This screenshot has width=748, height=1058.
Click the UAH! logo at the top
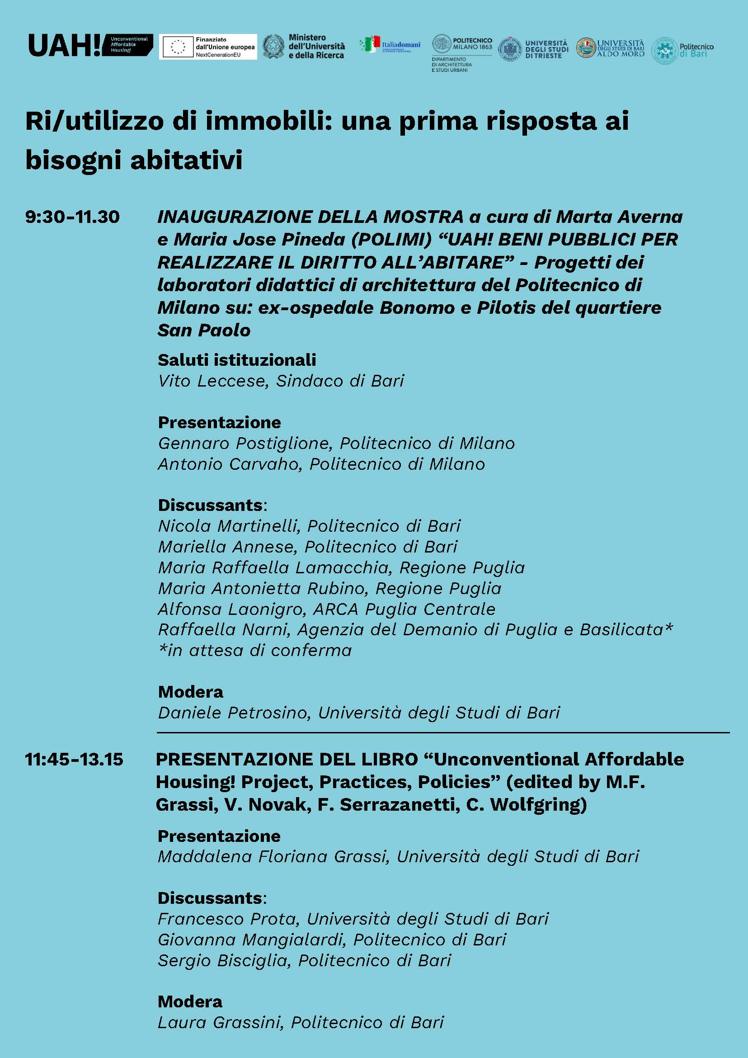point(90,45)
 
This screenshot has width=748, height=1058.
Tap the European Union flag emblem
point(178,47)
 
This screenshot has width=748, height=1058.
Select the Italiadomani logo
point(390,45)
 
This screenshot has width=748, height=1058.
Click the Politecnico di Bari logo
point(682,50)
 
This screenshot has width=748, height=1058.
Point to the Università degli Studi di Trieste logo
point(534,49)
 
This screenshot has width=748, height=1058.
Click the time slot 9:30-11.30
point(73,217)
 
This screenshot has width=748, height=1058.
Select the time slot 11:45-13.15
point(74,759)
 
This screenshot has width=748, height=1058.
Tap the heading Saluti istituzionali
point(237,360)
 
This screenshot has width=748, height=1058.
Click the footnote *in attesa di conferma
point(255,650)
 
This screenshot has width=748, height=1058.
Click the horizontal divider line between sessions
point(442,732)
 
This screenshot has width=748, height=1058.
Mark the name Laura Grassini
point(219,1023)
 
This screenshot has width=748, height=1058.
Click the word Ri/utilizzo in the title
point(94,122)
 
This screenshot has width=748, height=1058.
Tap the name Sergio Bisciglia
point(224,960)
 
